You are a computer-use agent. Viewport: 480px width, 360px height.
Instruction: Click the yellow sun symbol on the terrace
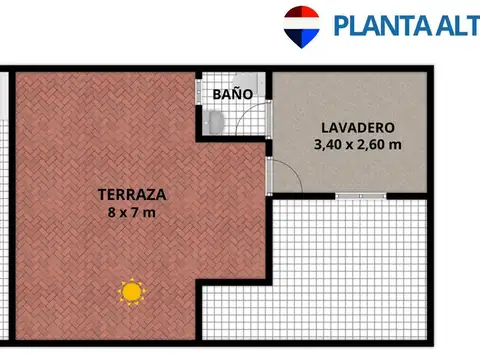131,291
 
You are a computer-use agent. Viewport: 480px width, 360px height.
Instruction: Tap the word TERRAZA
132,194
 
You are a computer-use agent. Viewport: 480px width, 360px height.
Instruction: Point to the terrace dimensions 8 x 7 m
132,212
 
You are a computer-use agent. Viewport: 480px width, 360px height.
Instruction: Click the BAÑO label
232,94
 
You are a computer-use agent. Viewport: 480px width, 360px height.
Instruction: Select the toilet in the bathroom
215,121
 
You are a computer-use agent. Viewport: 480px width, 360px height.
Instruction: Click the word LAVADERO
357,128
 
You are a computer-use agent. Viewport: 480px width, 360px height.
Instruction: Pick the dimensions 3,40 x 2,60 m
357,145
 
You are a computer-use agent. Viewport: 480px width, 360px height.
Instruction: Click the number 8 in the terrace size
111,212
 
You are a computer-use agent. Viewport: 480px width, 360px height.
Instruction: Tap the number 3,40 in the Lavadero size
329,145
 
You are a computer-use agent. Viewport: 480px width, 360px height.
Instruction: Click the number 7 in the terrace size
137,212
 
